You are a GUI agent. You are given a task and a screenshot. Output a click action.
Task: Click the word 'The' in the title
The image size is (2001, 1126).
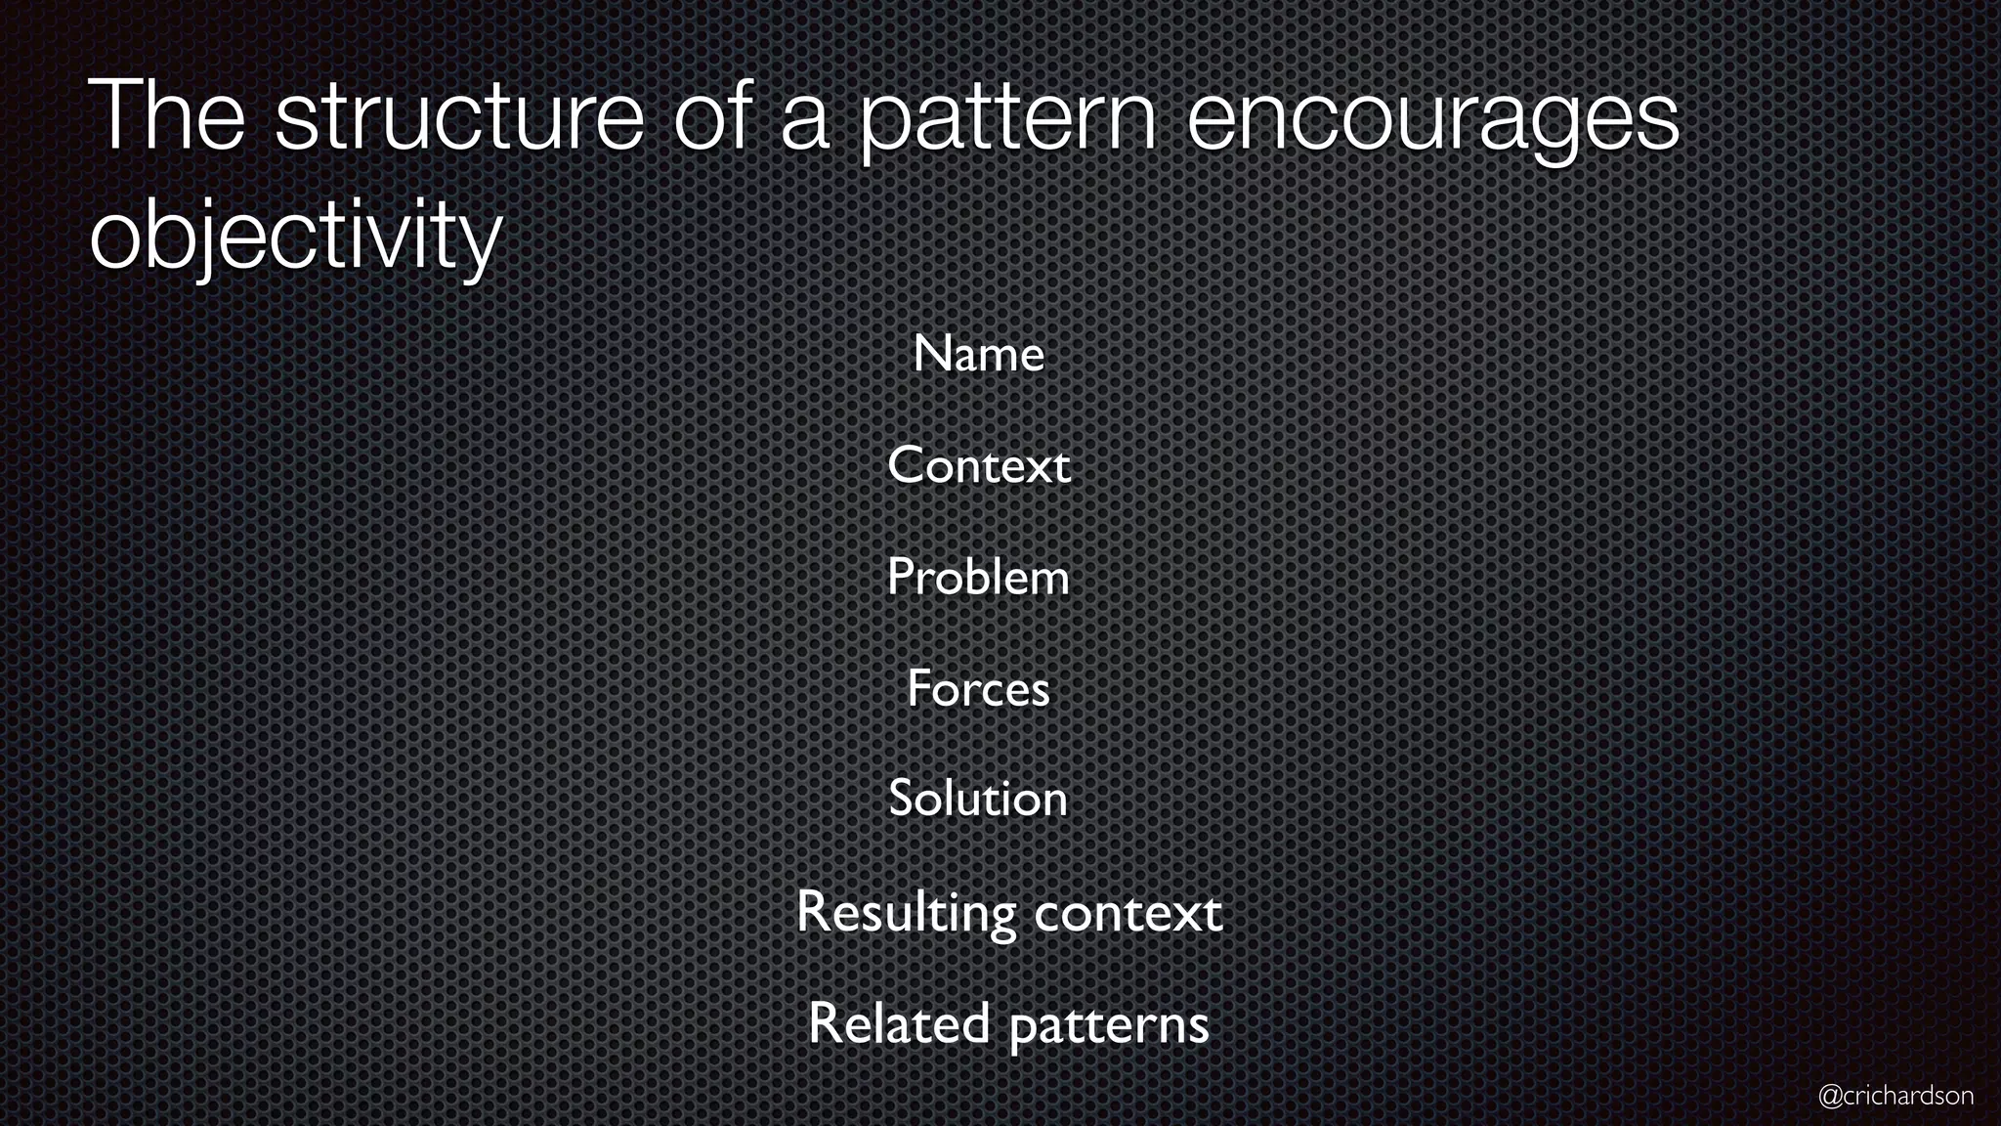point(166,116)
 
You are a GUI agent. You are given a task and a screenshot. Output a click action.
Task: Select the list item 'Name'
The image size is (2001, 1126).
point(978,354)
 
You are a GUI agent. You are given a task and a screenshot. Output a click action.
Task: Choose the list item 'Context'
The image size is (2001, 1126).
point(978,465)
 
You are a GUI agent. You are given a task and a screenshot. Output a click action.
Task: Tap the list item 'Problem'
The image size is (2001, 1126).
point(978,577)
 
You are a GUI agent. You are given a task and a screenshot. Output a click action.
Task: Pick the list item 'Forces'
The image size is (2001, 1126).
point(978,688)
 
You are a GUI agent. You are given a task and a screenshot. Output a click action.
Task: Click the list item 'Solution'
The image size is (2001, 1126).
point(978,799)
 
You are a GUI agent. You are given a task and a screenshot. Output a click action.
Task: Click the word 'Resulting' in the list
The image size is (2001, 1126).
point(906,914)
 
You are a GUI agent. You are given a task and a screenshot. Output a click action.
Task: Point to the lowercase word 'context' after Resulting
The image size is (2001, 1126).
point(1128,914)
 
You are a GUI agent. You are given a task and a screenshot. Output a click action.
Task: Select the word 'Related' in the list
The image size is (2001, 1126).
point(899,1024)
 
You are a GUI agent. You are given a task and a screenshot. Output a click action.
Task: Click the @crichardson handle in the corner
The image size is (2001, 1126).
point(1895,1096)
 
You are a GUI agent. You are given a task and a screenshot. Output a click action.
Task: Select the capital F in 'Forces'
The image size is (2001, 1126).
point(918,688)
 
